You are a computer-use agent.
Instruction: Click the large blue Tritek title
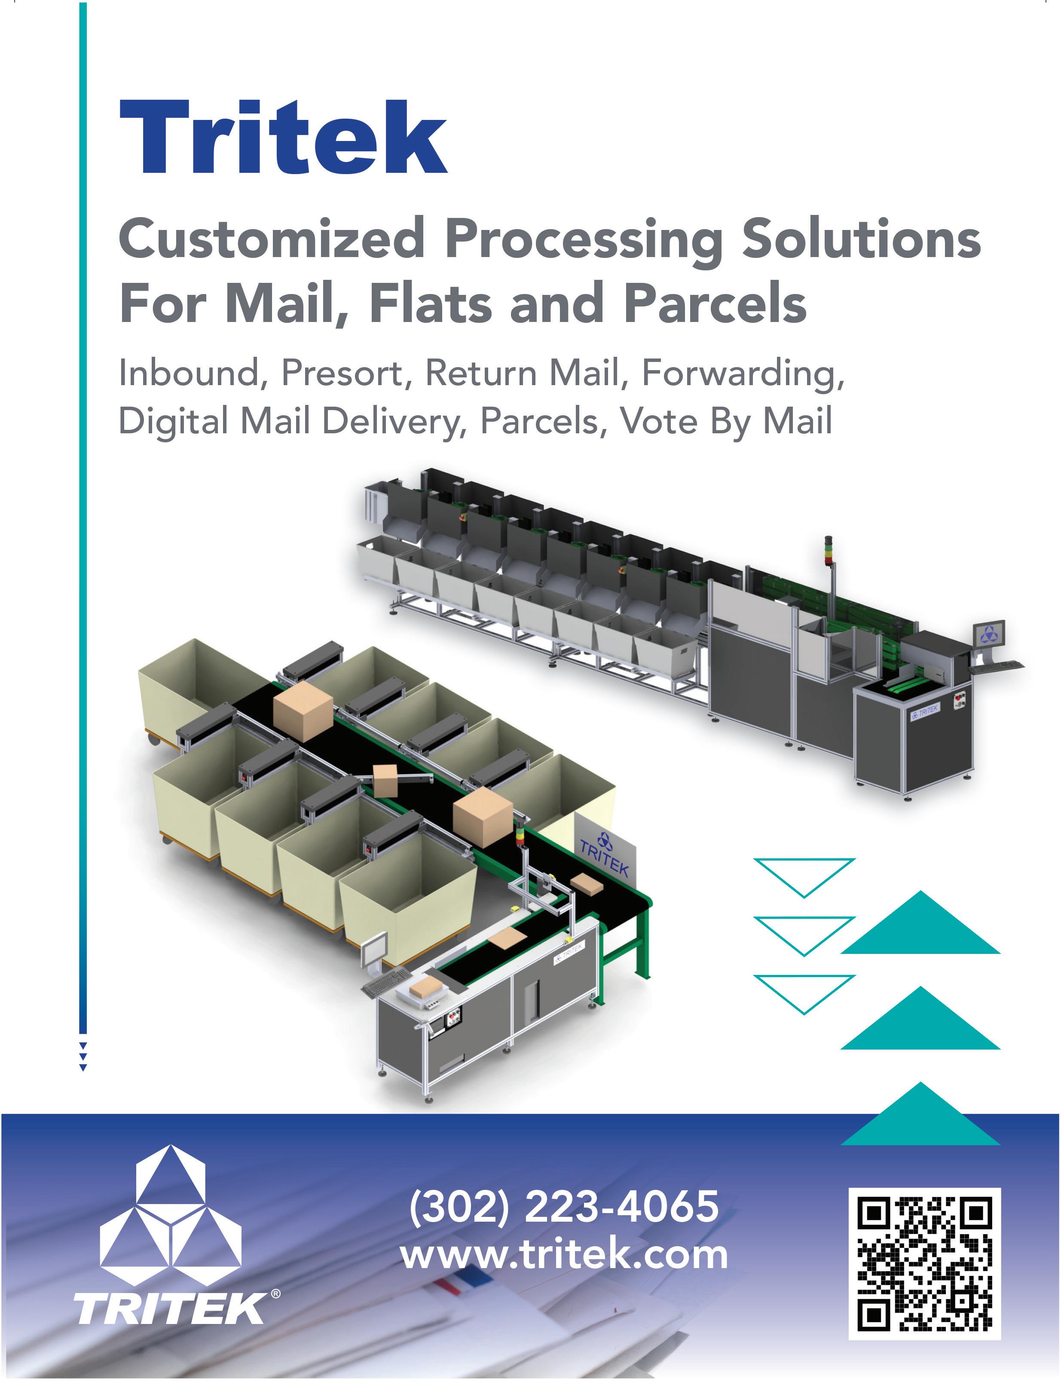pyautogui.click(x=283, y=137)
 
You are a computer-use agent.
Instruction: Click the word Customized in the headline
pyautogui.click(x=272, y=239)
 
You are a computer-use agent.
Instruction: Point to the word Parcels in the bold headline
pyautogui.click(x=715, y=304)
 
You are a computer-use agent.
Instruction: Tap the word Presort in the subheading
pyautogui.click(x=342, y=373)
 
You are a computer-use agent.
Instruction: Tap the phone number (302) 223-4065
pyautogui.click(x=563, y=1206)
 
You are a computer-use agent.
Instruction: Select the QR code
pyautogui.click(x=924, y=1263)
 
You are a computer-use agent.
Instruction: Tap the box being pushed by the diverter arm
pyautogui.click(x=385, y=781)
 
